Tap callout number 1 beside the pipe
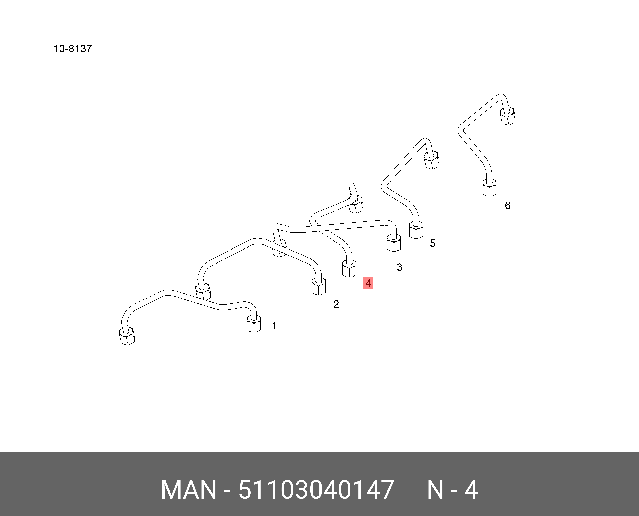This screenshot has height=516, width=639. click(x=274, y=326)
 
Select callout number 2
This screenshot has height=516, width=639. click(x=336, y=304)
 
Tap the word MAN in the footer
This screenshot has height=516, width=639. click(x=189, y=490)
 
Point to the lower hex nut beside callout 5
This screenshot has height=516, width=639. click(x=416, y=230)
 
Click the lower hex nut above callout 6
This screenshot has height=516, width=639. click(x=489, y=188)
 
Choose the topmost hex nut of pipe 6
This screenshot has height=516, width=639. click(x=508, y=116)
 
